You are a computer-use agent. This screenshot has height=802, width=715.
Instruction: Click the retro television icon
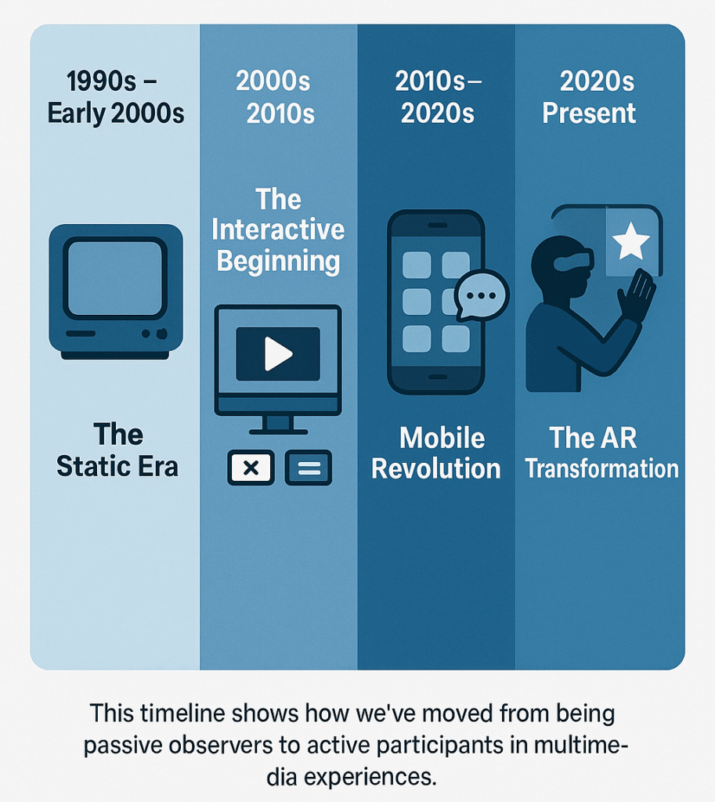116,291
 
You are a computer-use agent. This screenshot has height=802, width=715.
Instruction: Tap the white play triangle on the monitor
277,354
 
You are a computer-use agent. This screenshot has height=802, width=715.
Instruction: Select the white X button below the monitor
251,468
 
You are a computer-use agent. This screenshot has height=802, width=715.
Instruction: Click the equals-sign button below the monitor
309,468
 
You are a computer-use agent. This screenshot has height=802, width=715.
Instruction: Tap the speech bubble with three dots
482,295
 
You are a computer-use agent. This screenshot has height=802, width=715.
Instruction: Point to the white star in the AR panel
631,240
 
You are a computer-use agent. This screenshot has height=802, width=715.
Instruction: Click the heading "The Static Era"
117,450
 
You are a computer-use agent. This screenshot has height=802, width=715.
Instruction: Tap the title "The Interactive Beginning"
278,229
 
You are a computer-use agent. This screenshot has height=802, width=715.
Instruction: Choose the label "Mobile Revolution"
435,453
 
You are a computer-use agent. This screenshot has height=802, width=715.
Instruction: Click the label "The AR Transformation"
601,453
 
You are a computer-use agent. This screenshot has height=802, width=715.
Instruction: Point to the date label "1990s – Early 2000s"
116,96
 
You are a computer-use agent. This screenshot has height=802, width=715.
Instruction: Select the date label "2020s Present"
589,96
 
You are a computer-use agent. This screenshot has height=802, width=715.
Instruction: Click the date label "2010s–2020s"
438,96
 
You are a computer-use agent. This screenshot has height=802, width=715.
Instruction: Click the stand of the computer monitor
278,425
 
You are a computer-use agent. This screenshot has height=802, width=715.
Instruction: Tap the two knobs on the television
154,334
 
